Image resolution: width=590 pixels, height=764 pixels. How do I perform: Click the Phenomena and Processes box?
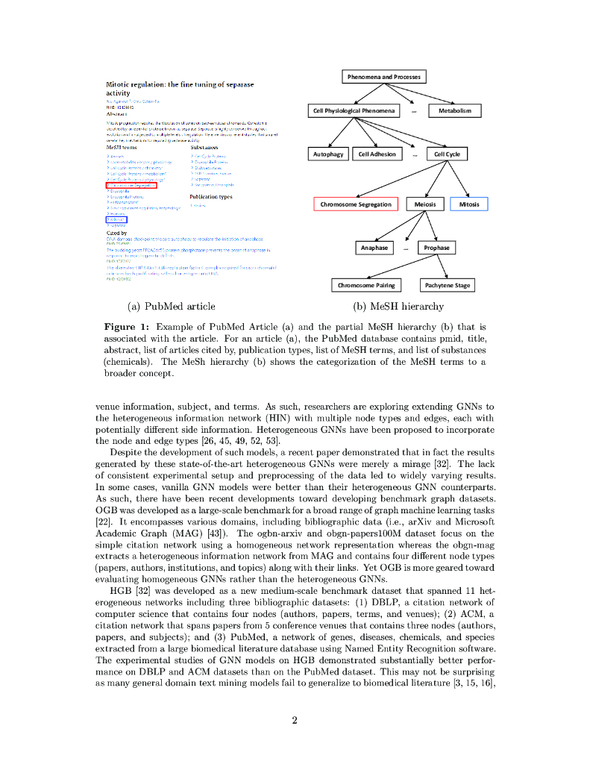coord(384,77)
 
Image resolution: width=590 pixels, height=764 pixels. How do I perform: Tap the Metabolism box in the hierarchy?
coord(454,111)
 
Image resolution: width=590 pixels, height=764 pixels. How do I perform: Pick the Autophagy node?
coord(328,154)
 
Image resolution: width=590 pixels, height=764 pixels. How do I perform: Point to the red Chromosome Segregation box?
coord(356,204)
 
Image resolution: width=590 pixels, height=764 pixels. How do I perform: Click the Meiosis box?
coord(425,204)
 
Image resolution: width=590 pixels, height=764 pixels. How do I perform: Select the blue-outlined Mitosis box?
coord(469,204)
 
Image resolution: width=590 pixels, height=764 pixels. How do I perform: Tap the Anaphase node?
coord(374,248)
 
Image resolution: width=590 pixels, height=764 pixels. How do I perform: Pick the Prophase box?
coord(436,248)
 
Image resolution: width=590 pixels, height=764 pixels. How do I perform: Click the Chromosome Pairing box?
coord(366,285)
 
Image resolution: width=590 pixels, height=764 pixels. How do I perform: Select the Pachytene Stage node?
coord(448,285)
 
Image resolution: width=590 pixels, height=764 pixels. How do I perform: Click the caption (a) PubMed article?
coord(171,306)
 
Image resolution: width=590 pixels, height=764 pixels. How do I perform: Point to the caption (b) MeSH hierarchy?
coord(398,306)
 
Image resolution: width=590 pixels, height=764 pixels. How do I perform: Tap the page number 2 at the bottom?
coord(295,720)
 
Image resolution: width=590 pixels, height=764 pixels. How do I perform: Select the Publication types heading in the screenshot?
coord(211,197)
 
